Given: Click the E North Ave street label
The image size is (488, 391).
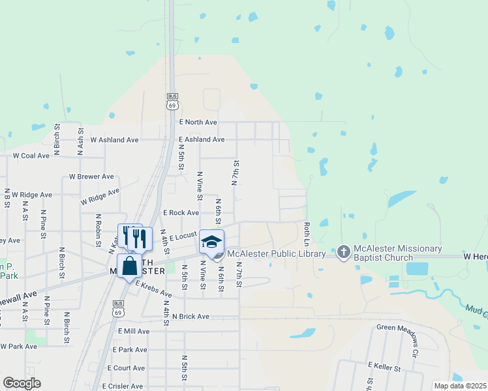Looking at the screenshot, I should click(x=198, y=122).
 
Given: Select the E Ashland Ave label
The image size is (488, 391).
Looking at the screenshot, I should click(x=202, y=139).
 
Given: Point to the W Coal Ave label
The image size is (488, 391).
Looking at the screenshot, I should click(x=31, y=156).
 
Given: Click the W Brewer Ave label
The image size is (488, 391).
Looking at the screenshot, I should click(x=91, y=177).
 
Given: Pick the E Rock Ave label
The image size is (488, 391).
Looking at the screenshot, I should click(x=181, y=212).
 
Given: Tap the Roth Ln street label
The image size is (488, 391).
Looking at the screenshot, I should click(x=306, y=233).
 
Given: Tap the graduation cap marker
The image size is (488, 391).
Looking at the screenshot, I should click(x=211, y=241).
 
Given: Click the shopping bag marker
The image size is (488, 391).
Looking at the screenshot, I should click(x=129, y=266).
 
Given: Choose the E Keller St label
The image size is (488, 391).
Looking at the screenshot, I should click(x=384, y=368).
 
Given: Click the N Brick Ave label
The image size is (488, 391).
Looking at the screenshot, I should click(x=191, y=316).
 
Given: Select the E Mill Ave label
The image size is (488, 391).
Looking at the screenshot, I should click(x=134, y=331).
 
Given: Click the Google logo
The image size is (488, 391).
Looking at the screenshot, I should click(x=22, y=383).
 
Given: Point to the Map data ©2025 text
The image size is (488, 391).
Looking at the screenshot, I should click(x=460, y=386).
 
